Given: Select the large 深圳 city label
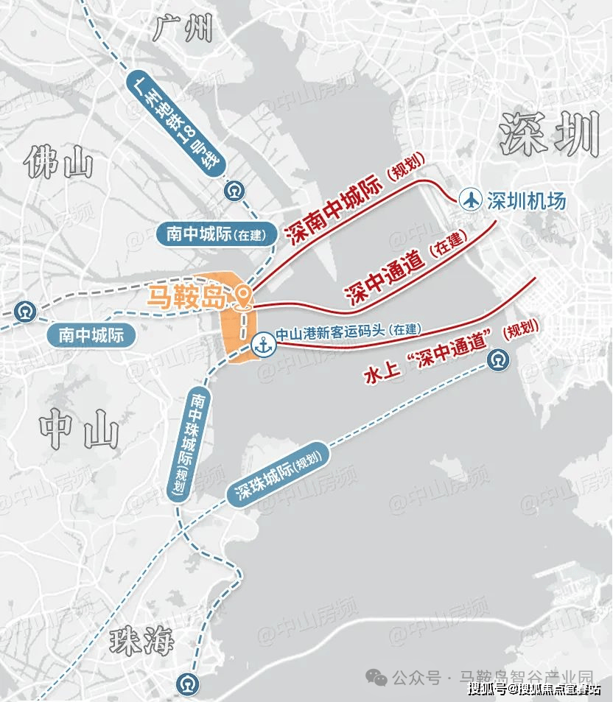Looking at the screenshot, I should tap(548, 133).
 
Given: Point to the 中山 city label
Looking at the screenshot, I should tap(79, 430).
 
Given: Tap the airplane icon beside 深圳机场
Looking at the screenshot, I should tap(470, 199).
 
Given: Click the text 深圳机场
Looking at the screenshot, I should tap(526, 200).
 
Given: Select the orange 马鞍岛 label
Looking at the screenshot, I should tap(186, 298).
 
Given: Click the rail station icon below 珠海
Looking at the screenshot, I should tap(187, 685).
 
